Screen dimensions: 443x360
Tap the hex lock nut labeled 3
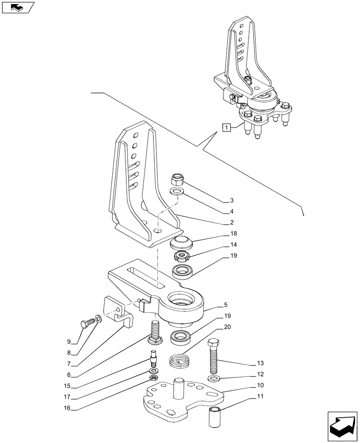point(178,179)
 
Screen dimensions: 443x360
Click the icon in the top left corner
point(17,8)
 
